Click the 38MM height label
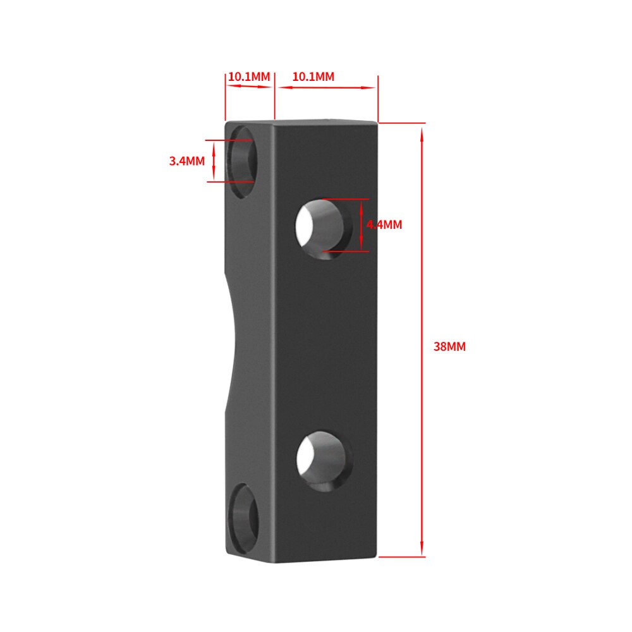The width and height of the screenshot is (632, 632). (449, 346)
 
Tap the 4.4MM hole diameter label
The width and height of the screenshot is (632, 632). (384, 224)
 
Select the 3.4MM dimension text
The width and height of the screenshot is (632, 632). (186, 161)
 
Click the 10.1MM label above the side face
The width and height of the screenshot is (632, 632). (249, 76)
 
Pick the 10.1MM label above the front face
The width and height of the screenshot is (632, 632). (313, 76)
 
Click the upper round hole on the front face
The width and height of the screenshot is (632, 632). (324, 226)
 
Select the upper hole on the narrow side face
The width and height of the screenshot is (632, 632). (243, 159)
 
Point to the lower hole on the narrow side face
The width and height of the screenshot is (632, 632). (243, 512)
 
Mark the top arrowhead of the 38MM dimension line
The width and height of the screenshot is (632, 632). (422, 130)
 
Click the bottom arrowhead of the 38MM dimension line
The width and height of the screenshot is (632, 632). (422, 551)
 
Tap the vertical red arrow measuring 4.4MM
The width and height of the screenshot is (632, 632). (361, 225)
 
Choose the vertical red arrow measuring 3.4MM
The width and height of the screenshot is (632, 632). (214, 161)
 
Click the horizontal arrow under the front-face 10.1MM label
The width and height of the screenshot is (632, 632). (325, 88)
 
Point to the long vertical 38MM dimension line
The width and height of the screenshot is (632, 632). (422, 341)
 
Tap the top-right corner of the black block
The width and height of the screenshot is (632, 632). (377, 123)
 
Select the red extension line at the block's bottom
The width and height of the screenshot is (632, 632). (402, 557)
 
